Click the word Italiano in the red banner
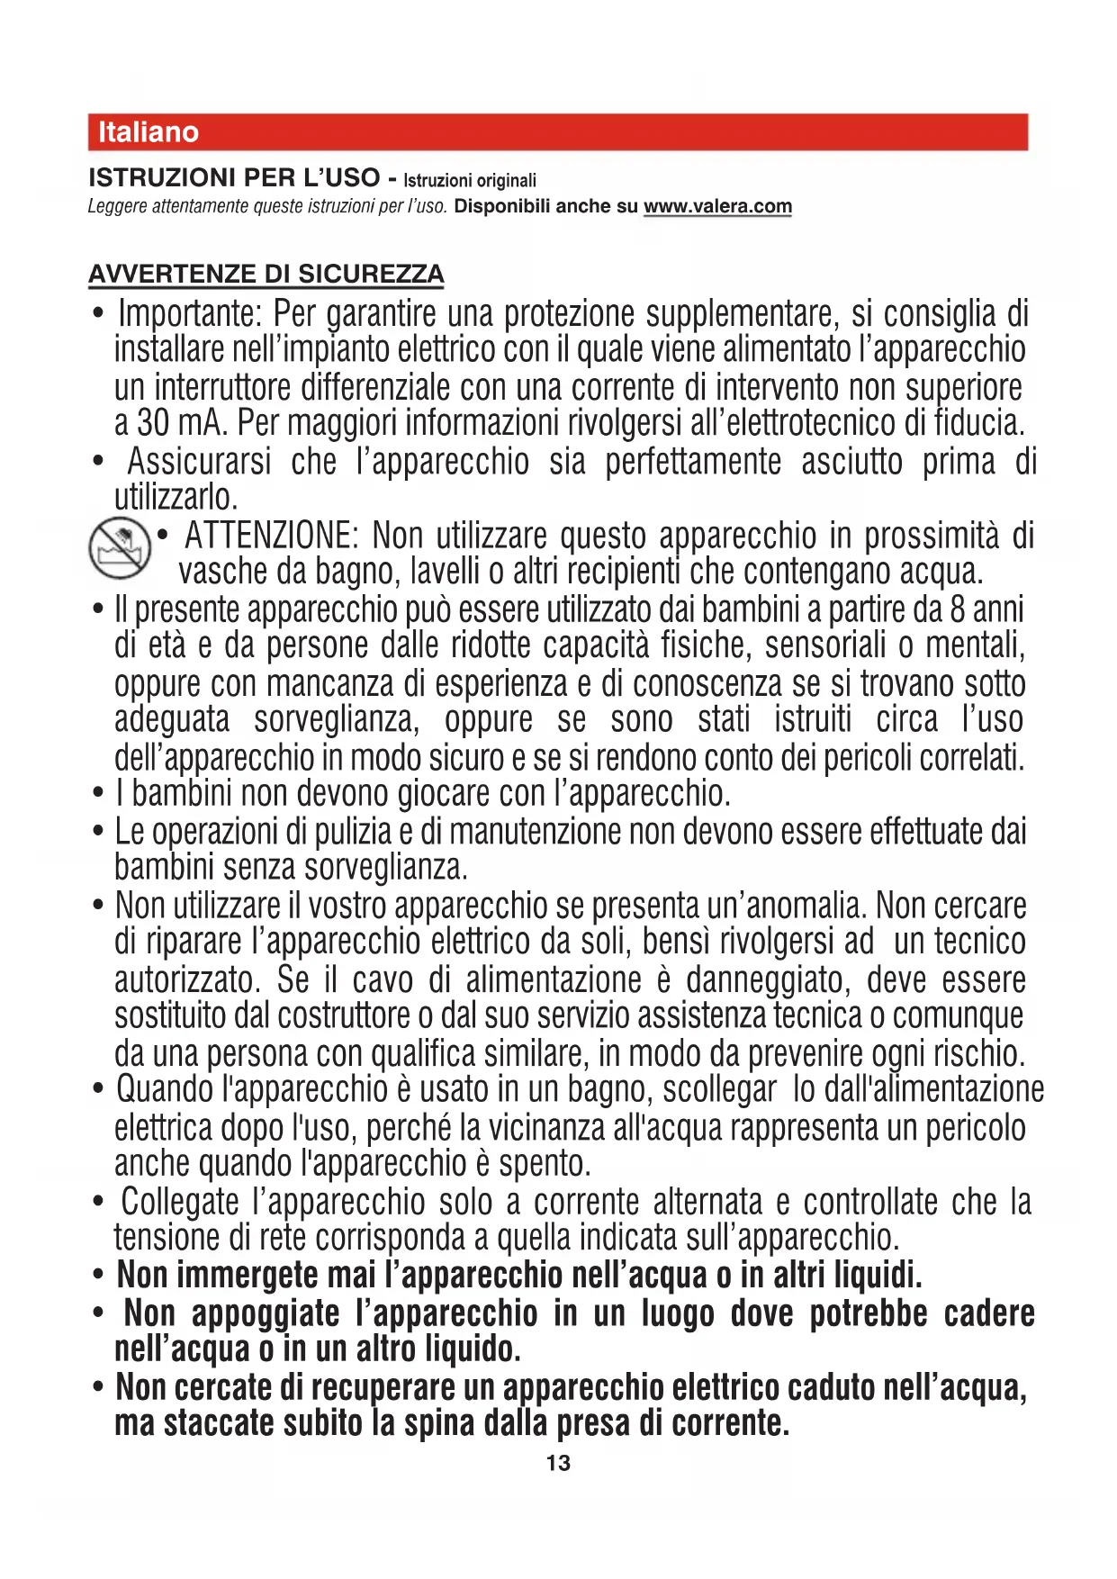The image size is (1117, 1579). [x=149, y=132]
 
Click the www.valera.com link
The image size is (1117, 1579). [x=717, y=206]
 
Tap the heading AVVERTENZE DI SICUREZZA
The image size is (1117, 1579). [x=266, y=274]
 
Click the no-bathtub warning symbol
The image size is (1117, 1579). [x=120, y=548]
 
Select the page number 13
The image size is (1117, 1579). [x=558, y=1463]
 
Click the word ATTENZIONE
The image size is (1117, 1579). [x=271, y=536]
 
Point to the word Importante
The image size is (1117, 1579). [x=190, y=314]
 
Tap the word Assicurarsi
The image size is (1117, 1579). [x=199, y=461]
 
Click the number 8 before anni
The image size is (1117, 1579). [x=958, y=609]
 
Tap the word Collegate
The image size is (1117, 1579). [x=180, y=1201]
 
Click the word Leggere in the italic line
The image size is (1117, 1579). [x=117, y=206]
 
